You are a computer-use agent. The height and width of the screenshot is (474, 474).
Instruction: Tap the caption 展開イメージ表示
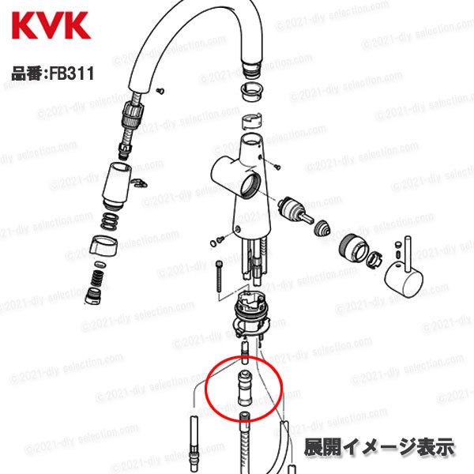coord(379,445)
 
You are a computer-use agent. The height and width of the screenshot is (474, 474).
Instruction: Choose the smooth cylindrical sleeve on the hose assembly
coord(116,183)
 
